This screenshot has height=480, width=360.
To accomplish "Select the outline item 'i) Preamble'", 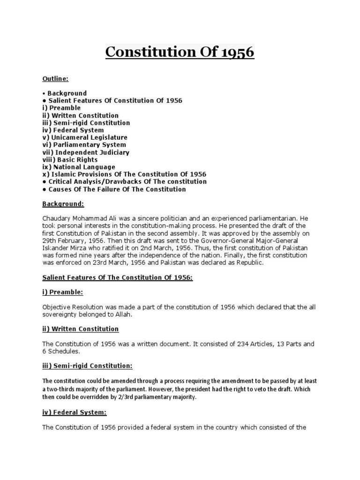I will (x=61, y=108).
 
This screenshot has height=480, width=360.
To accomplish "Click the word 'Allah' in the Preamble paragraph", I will (x=124, y=315).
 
